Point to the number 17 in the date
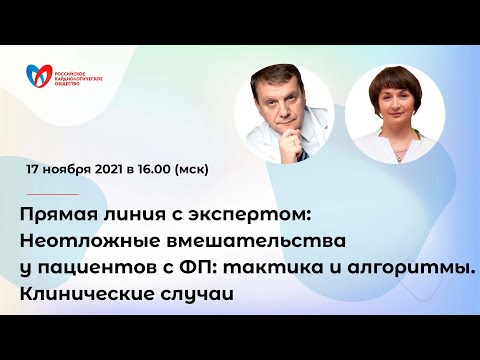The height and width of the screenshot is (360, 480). pyautogui.click(x=36, y=170)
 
